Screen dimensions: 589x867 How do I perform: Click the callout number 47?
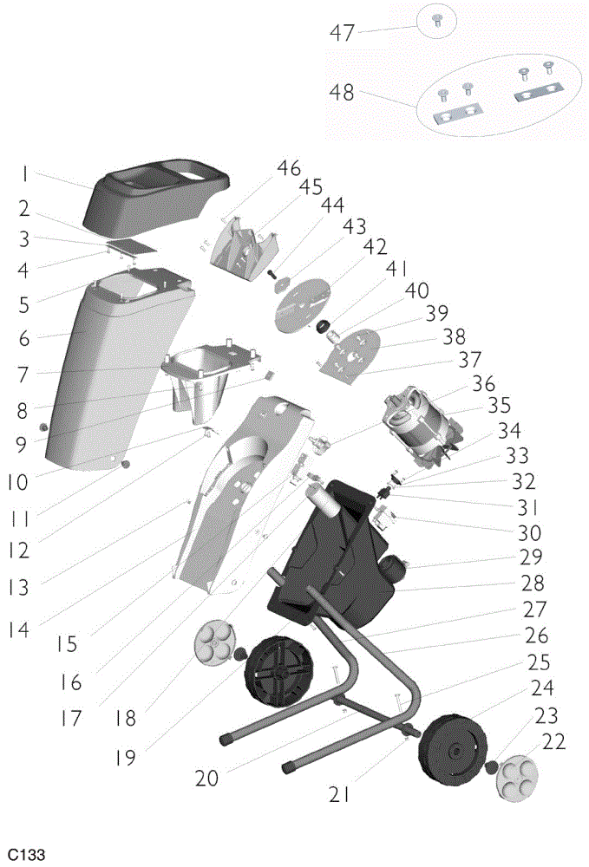(342, 33)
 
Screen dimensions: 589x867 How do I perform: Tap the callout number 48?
(341, 93)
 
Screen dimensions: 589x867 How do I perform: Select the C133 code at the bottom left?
(27, 854)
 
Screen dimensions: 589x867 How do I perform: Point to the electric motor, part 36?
(421, 423)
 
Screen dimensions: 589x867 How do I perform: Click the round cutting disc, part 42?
(302, 306)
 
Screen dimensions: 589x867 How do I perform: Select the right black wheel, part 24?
(454, 750)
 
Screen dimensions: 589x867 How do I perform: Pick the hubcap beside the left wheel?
(216, 642)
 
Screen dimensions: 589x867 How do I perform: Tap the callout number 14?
(19, 629)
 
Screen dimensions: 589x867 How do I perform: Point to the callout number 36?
(483, 383)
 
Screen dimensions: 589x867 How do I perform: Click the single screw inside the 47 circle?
(436, 21)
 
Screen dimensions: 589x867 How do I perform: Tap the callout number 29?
(531, 557)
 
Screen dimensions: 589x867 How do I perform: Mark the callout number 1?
(24, 174)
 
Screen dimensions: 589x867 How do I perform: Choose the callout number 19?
(126, 757)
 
